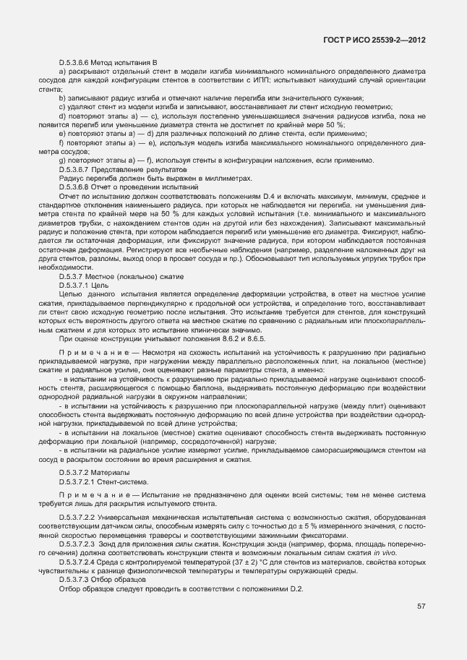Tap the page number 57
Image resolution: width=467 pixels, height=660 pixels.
pos(421,607)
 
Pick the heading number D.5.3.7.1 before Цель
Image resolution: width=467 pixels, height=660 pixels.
pos(74,286)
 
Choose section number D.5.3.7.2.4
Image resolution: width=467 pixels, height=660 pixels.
pos(79,562)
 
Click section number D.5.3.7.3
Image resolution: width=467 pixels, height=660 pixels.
pos(74,580)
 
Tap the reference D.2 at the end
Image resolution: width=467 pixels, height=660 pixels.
pos(296,589)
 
